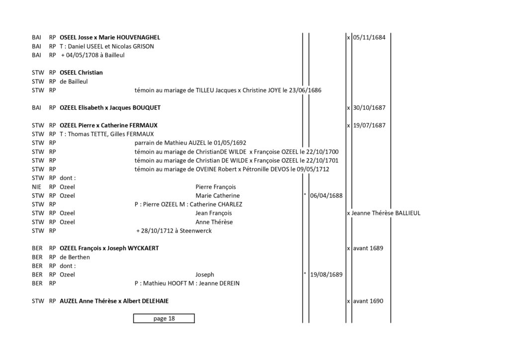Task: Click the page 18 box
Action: (x=164, y=318)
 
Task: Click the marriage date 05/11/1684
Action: (x=369, y=37)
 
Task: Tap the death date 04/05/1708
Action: (x=82, y=55)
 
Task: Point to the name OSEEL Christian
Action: (x=81, y=73)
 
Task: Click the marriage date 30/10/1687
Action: (x=369, y=108)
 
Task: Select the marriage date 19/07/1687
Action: (x=369, y=125)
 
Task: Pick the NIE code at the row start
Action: (x=37, y=187)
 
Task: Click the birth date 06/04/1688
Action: (x=326, y=196)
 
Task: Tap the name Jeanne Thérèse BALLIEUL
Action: (x=386, y=213)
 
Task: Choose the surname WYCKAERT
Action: (x=143, y=248)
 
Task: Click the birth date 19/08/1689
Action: (x=326, y=274)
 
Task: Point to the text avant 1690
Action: (x=368, y=301)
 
